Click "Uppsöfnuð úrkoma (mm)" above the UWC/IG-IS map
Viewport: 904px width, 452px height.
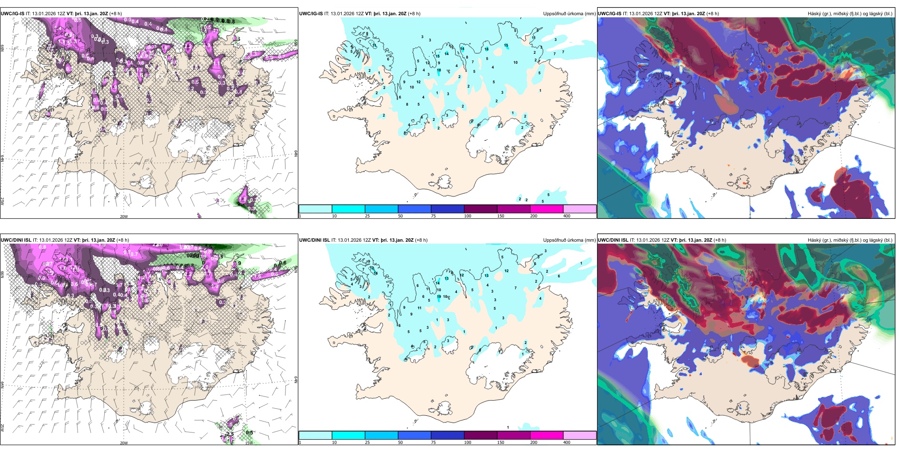pos(569,14)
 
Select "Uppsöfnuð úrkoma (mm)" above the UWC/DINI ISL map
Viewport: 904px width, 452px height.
pos(569,240)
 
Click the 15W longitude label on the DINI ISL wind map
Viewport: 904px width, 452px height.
pos(248,443)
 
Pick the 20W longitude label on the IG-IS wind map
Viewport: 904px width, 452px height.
pos(124,216)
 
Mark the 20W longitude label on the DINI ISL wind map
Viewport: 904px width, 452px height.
pos(124,443)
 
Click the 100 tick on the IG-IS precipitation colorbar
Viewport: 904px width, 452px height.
pos(468,216)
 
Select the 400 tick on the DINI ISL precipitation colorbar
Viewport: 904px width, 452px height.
pos(567,442)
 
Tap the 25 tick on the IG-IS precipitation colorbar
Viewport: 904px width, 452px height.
pos(367,216)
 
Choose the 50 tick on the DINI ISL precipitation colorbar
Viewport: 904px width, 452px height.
pos(401,442)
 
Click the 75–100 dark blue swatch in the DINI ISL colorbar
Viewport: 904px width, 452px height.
pos(447,435)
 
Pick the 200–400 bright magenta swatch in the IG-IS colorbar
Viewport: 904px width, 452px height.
pos(547,209)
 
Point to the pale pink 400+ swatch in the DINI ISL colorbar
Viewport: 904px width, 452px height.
pos(580,435)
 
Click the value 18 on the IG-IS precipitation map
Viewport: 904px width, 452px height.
pos(439,70)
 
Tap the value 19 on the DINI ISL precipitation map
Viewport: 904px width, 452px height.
pos(439,297)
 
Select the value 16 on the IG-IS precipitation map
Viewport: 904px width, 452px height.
pos(486,49)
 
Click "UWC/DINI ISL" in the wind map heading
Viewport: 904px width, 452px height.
pos(16,240)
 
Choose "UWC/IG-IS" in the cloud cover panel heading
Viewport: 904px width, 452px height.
pos(609,14)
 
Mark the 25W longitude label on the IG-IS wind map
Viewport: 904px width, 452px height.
pos(2,201)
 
